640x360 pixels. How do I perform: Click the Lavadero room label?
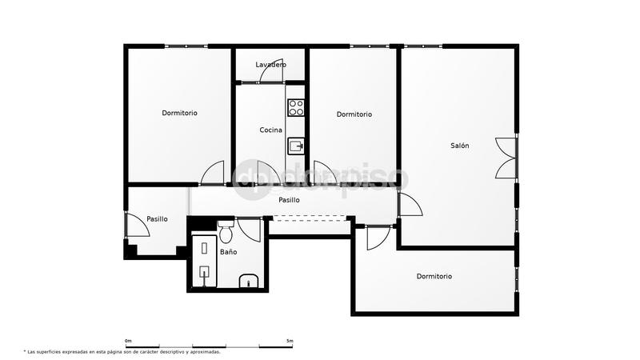tap(270, 64)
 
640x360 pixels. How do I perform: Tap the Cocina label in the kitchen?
tap(270, 130)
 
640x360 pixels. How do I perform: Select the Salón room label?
tap(459, 146)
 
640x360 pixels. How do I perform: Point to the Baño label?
tap(228, 252)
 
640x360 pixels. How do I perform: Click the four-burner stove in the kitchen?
tap(296, 106)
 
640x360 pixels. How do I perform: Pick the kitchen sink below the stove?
tap(296, 145)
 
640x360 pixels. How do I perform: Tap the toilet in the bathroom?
tap(226, 233)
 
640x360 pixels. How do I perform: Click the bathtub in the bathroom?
tap(205, 261)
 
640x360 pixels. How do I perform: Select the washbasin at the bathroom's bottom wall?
tap(248, 280)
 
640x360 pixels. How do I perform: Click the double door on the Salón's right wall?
tap(506, 158)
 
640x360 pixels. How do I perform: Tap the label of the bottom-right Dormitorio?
tap(434, 276)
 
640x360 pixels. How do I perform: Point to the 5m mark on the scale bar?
tap(290, 342)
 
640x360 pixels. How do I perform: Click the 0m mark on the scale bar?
tap(128, 342)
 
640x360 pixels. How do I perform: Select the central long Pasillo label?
tap(289, 200)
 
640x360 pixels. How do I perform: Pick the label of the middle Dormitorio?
tap(354, 114)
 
